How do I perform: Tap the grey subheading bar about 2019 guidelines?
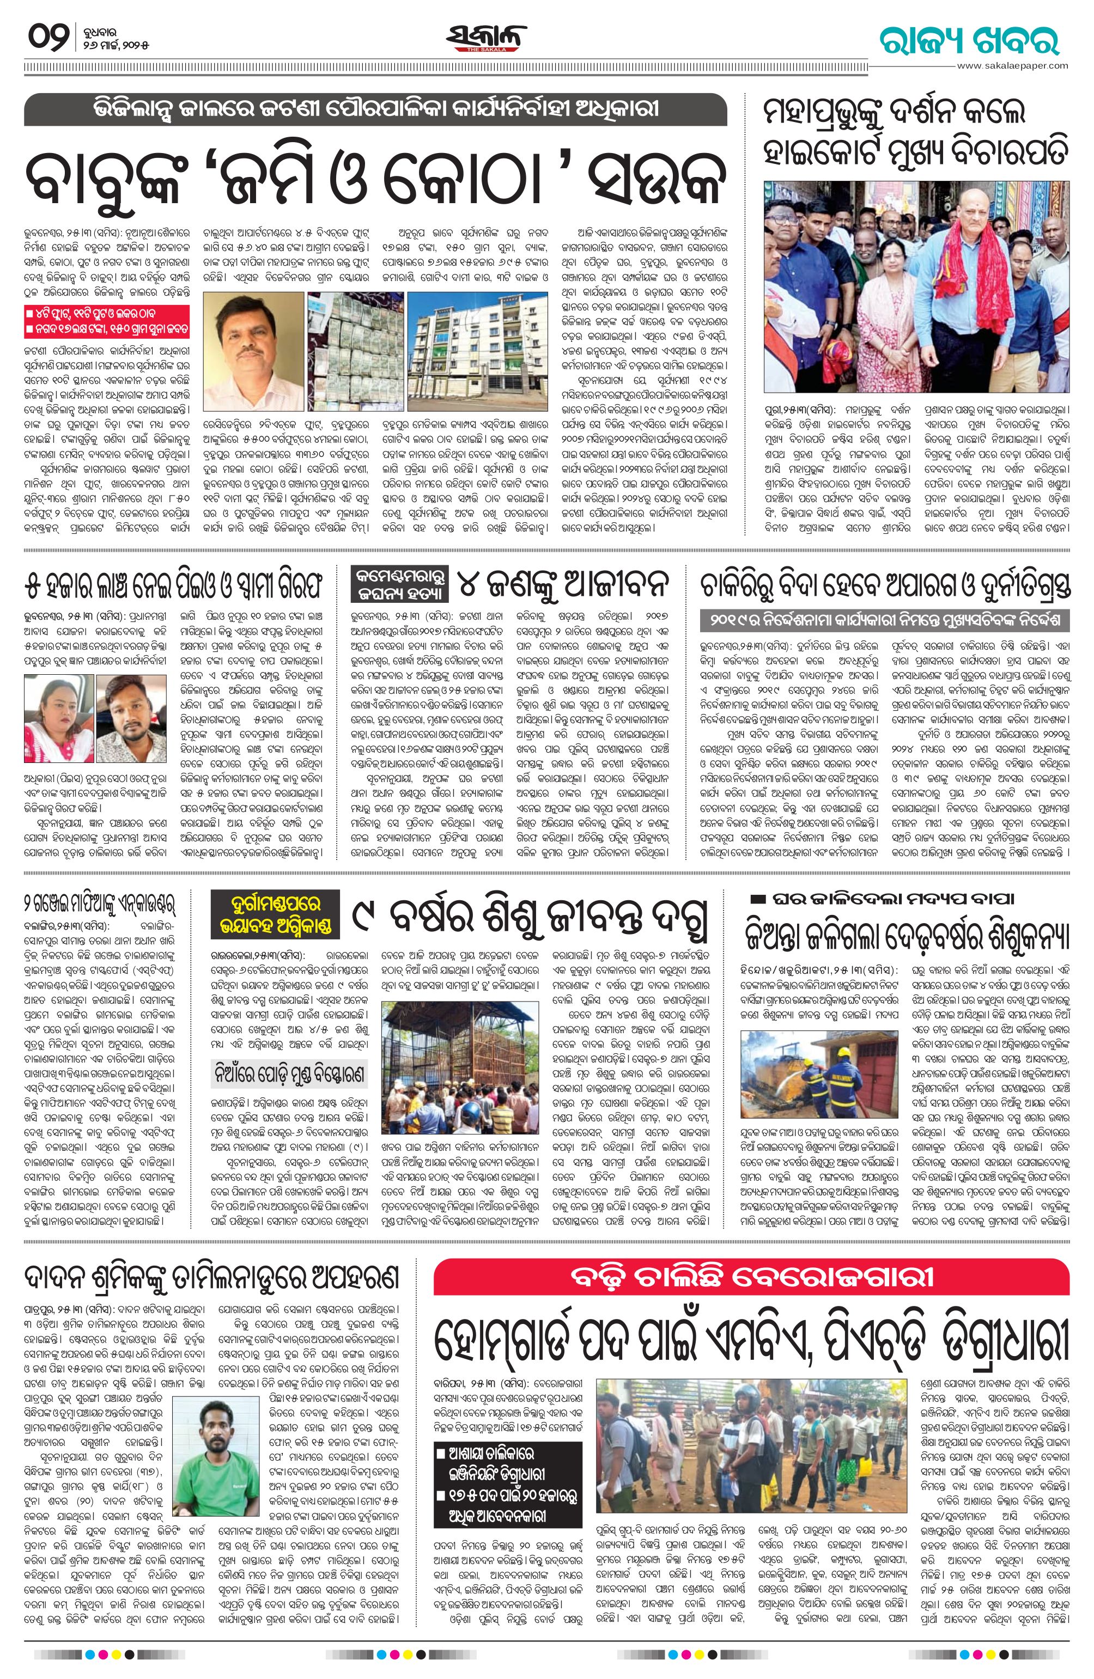[x=886, y=620]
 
